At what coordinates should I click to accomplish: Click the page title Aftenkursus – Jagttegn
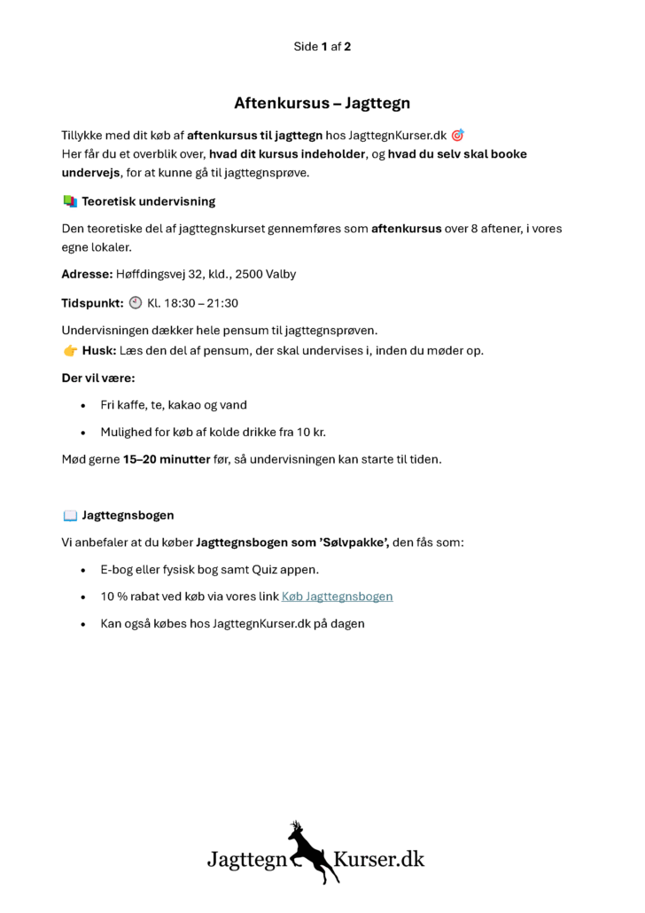pyautogui.click(x=322, y=103)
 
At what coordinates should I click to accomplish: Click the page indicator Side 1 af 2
pyautogui.click(x=322, y=46)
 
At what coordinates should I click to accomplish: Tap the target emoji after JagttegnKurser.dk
pyautogui.click(x=457, y=136)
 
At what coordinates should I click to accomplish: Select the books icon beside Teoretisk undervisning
pyautogui.click(x=70, y=202)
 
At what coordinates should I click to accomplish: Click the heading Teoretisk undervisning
pyautogui.click(x=148, y=202)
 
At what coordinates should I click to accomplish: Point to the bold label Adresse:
pyautogui.click(x=87, y=274)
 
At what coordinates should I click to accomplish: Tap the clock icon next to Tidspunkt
pyautogui.click(x=135, y=302)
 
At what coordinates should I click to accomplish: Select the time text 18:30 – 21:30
pyautogui.click(x=200, y=303)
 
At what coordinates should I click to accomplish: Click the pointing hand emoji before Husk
pyautogui.click(x=70, y=350)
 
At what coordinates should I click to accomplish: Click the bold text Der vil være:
pyautogui.click(x=97, y=378)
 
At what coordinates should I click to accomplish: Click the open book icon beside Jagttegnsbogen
pyautogui.click(x=70, y=515)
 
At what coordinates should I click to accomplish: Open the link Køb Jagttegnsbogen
pyautogui.click(x=337, y=597)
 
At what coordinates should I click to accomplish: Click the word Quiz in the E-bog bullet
pyautogui.click(x=278, y=569)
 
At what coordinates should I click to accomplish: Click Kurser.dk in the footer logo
pyautogui.click(x=379, y=859)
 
